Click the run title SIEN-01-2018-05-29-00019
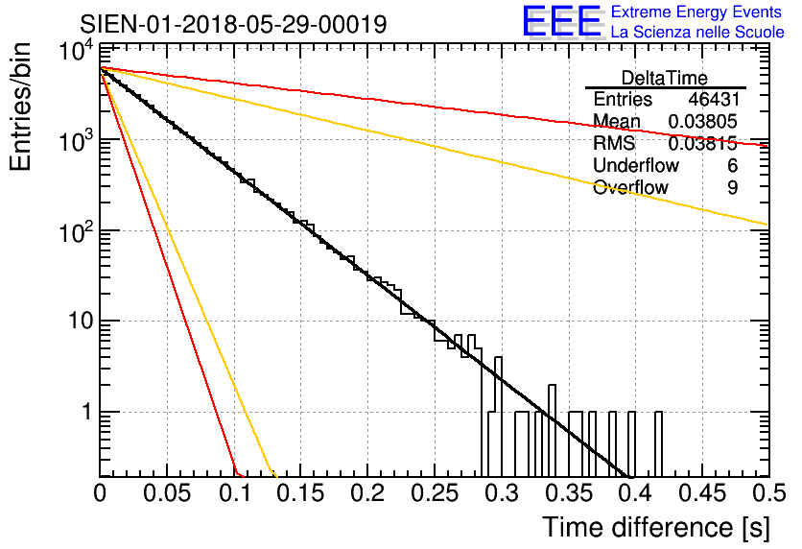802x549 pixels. coord(233,24)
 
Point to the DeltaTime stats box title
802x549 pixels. coord(665,78)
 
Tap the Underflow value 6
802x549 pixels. coord(732,166)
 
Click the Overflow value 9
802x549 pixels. coord(732,188)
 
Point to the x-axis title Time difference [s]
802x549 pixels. coord(655,527)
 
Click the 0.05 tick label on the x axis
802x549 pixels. coord(167,493)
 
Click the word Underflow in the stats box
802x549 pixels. coord(636,166)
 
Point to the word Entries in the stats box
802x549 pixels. coord(623,100)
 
